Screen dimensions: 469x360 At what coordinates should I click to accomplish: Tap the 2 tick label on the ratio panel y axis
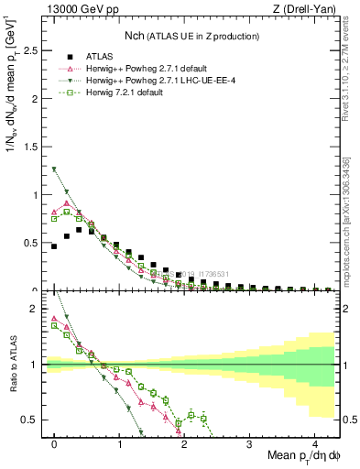click(x=35, y=309)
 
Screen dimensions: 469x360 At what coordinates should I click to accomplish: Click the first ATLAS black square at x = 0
click(x=55, y=246)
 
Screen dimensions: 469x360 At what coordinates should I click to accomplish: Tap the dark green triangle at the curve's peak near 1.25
click(x=55, y=169)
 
